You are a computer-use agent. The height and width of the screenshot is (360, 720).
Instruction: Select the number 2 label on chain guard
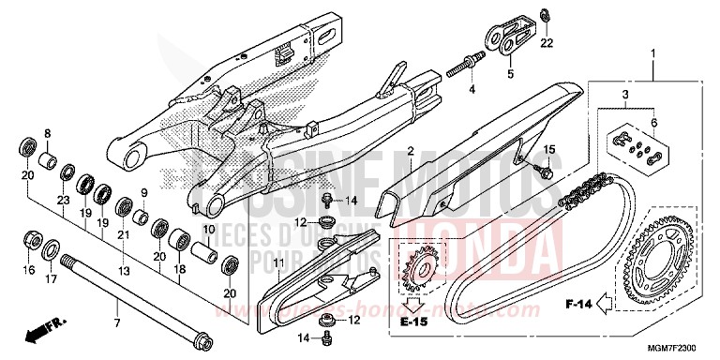coord(411,151)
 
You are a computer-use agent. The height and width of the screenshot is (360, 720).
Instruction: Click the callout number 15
coord(549,150)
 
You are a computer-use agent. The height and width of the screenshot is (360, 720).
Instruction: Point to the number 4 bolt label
coord(472,89)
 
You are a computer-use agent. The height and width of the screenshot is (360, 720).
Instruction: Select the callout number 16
coord(28,270)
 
